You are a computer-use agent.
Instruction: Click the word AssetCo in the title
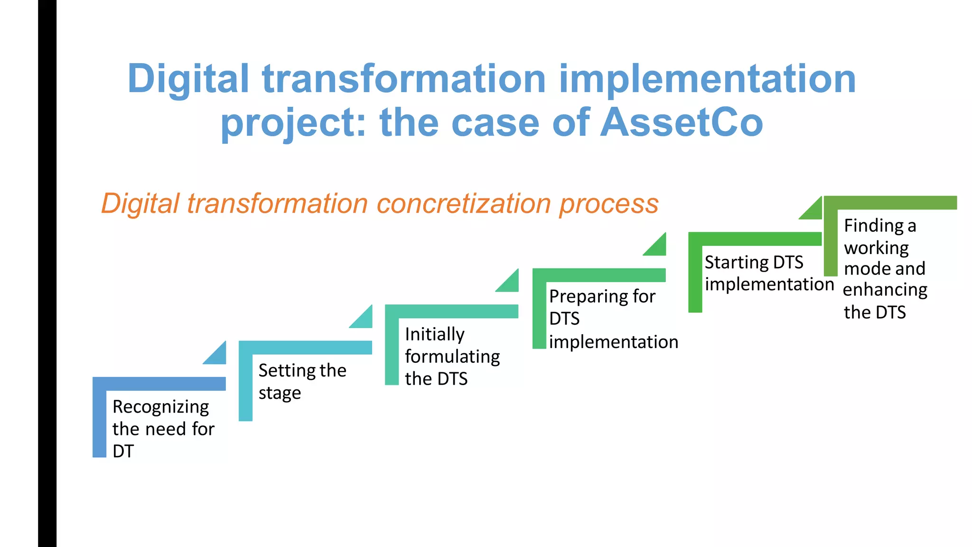(x=682, y=123)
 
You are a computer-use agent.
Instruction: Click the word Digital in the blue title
(x=188, y=79)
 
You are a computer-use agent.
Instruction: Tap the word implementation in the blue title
(x=707, y=79)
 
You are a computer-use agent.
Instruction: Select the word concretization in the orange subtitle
(x=464, y=204)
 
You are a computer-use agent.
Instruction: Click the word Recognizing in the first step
(x=160, y=407)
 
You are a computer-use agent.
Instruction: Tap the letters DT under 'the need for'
(x=123, y=451)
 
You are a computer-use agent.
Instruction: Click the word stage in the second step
(x=280, y=393)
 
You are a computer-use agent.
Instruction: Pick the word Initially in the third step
(x=434, y=334)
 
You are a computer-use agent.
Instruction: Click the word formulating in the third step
(x=452, y=357)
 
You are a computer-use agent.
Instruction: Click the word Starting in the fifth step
(x=736, y=262)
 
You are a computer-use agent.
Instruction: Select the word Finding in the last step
(x=874, y=226)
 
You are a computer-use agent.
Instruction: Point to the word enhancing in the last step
(x=885, y=290)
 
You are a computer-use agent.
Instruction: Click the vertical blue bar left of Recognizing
(x=99, y=418)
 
